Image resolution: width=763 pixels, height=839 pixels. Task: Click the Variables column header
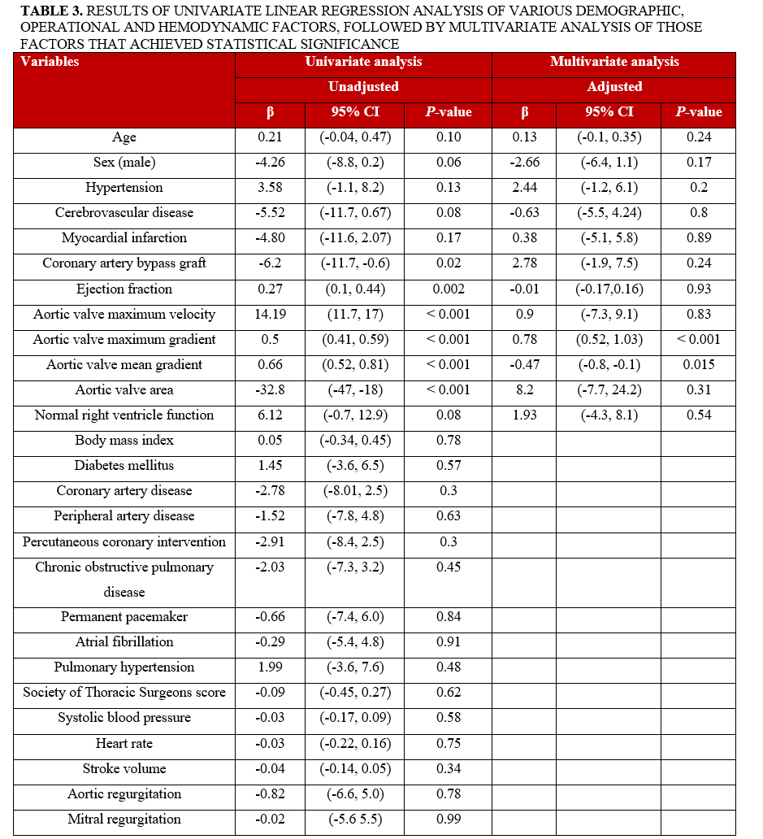coord(50,62)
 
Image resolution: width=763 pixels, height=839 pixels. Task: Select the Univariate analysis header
coord(363,62)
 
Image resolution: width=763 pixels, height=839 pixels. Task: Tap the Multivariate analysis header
coord(614,62)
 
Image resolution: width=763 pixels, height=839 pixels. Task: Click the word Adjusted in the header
coord(614,87)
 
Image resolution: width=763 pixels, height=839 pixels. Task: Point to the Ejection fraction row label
coord(124,289)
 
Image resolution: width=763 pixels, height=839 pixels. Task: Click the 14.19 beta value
coord(269,314)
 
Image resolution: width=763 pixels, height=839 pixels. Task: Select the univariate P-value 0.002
coord(448,289)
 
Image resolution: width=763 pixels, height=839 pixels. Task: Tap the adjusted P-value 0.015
coord(699,364)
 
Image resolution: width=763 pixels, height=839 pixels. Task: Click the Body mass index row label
coord(124,440)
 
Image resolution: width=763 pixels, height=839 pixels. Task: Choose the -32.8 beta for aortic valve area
coord(269,389)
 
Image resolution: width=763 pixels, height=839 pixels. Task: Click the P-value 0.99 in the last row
coord(448,819)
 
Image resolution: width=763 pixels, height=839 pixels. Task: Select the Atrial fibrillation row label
coord(124,641)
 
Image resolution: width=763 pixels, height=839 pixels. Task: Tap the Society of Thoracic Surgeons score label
coord(124,692)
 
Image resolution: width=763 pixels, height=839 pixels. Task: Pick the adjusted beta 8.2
coord(524,389)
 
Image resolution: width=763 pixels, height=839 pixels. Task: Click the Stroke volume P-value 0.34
coord(448,768)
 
